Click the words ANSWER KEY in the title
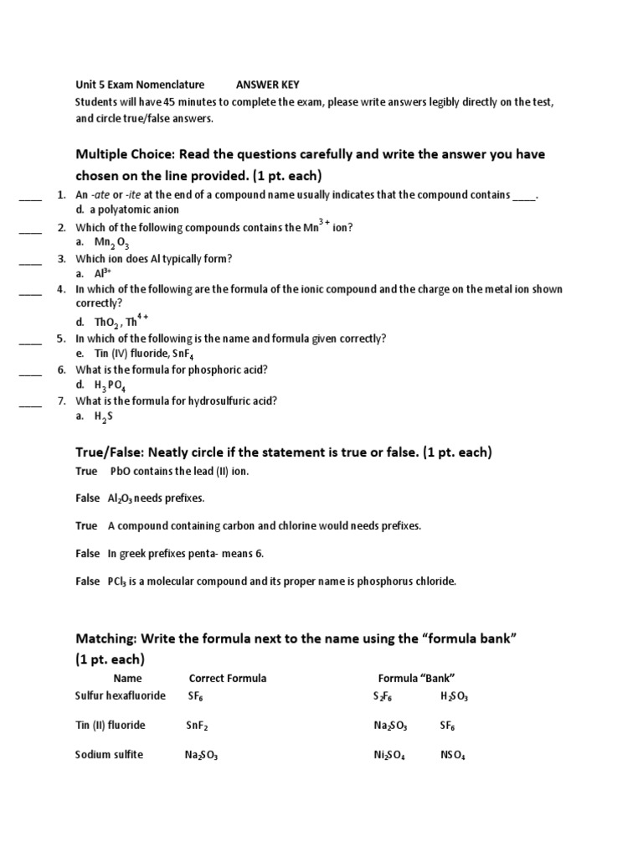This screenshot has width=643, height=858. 267,85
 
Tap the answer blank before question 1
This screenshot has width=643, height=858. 30,197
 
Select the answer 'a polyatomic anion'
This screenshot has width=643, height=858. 138,210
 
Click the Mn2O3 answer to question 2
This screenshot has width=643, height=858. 112,243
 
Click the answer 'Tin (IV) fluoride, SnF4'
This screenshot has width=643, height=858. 147,354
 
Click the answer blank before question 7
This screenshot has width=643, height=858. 30,403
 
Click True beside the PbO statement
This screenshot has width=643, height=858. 86,472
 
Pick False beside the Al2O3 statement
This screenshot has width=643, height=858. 87,499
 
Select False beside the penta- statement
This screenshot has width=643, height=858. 87,554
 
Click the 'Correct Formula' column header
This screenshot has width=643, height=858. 228,678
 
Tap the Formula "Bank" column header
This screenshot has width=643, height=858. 416,678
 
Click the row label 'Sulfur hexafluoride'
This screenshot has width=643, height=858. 121,696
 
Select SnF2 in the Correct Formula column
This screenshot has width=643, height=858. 198,726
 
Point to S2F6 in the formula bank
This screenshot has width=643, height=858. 383,697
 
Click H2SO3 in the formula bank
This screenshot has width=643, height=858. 455,697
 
